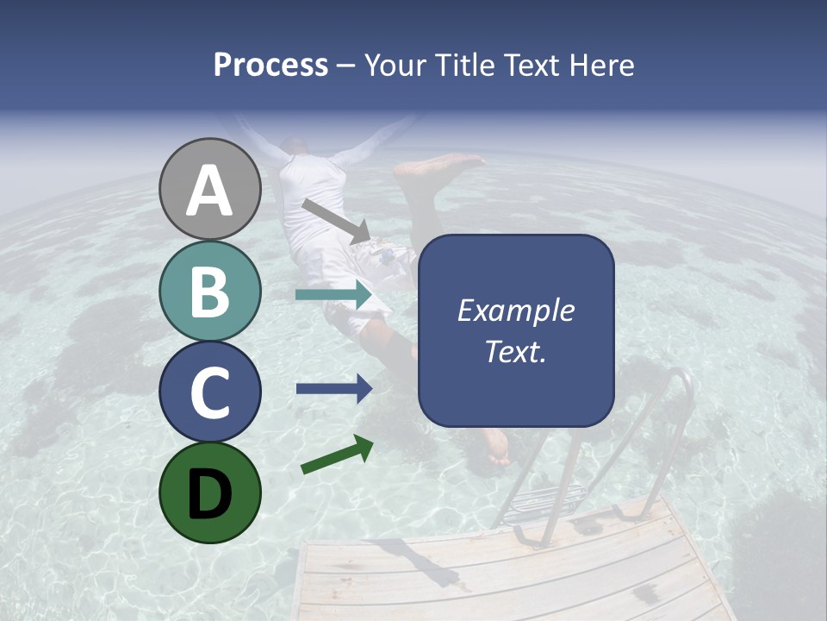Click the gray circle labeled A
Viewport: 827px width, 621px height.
210,190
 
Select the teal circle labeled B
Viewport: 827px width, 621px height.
210,292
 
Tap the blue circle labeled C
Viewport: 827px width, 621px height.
210,392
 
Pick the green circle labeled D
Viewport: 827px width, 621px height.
210,492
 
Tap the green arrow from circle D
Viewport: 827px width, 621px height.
337,455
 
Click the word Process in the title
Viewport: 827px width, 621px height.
270,66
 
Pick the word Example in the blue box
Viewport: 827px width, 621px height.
515,310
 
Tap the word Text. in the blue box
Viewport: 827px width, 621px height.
515,352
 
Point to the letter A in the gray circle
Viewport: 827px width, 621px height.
210,191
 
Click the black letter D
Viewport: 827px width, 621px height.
210,493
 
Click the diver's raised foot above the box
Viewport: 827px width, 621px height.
439,166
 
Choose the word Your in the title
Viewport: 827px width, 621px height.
392,66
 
